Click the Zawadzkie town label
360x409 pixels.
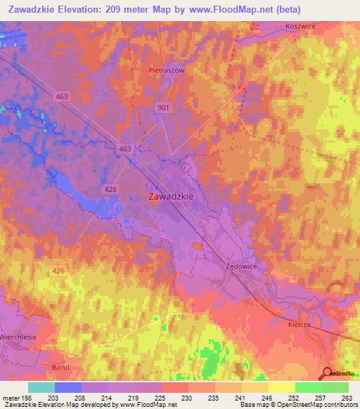(171, 197)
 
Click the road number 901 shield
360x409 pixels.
(162, 106)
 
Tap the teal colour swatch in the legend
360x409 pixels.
(41, 387)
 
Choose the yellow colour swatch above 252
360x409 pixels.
(281, 387)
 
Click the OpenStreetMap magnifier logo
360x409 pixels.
(327, 373)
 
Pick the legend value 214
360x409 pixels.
(108, 398)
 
